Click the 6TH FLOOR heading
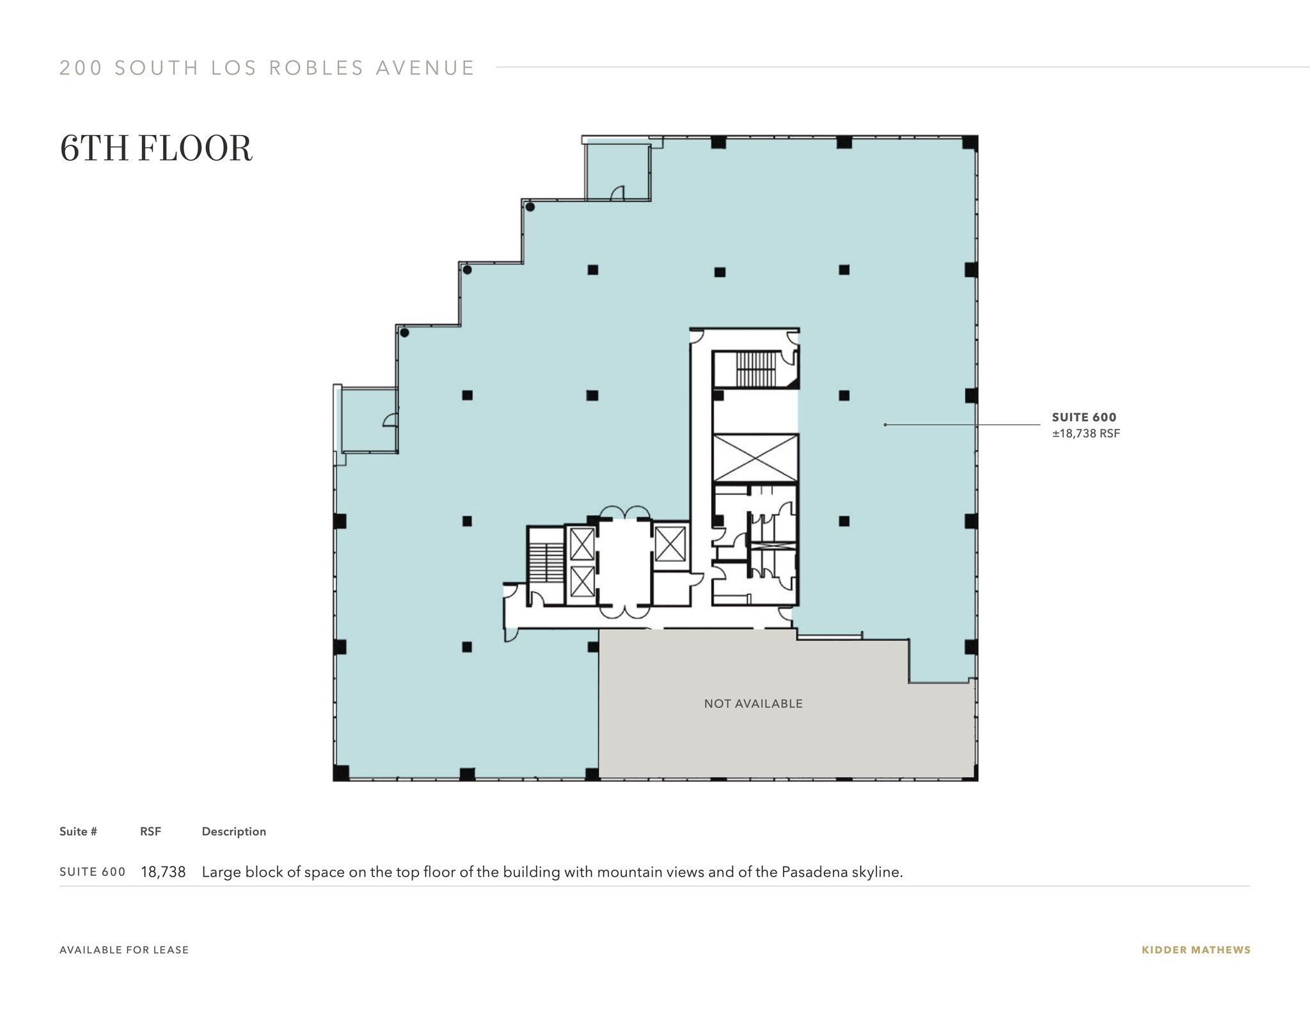(x=156, y=148)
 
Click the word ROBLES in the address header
(x=316, y=68)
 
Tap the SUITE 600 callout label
(x=1084, y=417)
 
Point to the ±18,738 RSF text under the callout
(x=1085, y=433)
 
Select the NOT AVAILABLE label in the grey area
(x=753, y=703)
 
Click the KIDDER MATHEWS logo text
(x=1196, y=950)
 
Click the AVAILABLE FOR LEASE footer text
(x=124, y=950)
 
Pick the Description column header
(x=233, y=831)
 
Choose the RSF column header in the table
(x=150, y=831)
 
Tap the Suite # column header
(x=78, y=831)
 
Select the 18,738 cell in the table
(x=163, y=872)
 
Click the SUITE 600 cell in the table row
(x=92, y=872)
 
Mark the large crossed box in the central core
(x=755, y=458)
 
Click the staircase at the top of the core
(x=755, y=369)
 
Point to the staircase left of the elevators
(x=546, y=562)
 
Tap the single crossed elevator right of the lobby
(x=670, y=543)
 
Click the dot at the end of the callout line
(x=885, y=424)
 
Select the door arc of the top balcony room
(x=618, y=193)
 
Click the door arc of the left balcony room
(x=390, y=419)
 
